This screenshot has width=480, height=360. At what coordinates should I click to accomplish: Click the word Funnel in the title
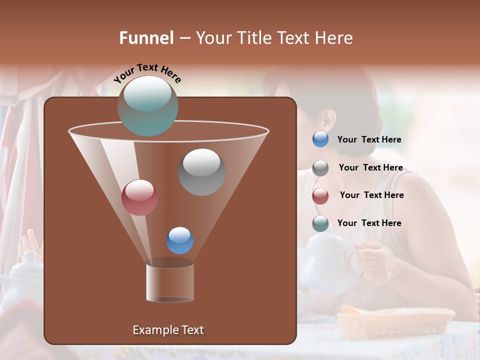point(146,38)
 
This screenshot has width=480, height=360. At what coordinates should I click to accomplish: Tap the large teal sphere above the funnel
point(147,105)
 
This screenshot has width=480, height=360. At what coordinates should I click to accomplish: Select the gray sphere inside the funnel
point(201,172)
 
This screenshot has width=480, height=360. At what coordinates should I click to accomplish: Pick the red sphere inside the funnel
point(139,197)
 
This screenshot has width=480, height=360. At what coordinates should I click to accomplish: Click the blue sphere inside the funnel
point(179,240)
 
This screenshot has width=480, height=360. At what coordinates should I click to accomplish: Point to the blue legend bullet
point(320,139)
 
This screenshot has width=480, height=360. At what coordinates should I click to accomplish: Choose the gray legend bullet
point(320,167)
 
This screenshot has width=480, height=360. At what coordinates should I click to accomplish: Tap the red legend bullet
point(320,195)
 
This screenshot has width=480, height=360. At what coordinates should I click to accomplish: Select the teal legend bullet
point(320,223)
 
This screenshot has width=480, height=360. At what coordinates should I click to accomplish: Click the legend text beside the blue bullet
point(369,140)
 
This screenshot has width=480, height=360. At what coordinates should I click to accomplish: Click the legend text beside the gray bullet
point(370,167)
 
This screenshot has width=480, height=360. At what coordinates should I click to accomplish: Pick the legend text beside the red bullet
point(371,195)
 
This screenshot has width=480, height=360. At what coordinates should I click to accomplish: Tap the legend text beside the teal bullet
point(369,223)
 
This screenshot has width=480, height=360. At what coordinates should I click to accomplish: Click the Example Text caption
point(168,330)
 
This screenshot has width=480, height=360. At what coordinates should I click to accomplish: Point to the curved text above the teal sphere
point(147,73)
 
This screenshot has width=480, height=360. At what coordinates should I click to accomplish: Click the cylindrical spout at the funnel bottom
point(170,282)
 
